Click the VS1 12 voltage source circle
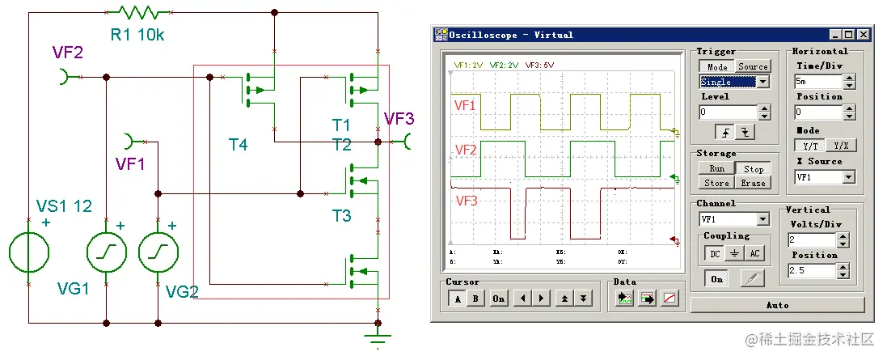(29, 251)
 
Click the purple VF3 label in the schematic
(399, 119)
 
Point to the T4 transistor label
(239, 145)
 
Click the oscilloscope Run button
(716, 169)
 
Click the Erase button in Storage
(753, 183)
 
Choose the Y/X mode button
(841, 146)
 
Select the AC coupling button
(754, 253)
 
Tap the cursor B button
(475, 299)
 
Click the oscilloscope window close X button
(864, 35)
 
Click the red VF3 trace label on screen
(467, 200)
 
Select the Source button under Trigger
(753, 66)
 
